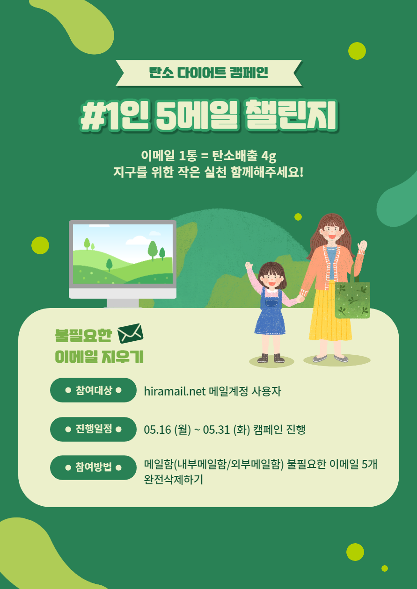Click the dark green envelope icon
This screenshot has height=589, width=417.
click(130, 333)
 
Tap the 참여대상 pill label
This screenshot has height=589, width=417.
click(93, 390)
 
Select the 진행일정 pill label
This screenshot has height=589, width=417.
click(93, 429)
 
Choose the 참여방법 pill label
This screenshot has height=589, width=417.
click(93, 467)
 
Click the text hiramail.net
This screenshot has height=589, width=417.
click(175, 391)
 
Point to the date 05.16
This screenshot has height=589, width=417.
click(157, 430)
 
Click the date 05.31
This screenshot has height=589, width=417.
click(216, 430)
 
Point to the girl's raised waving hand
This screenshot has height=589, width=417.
click(249, 266)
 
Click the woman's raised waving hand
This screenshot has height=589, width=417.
click(363, 246)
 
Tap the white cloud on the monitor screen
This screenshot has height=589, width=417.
click(138, 240)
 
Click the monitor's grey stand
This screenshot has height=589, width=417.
click(123, 303)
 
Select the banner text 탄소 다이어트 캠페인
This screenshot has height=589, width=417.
click(209, 72)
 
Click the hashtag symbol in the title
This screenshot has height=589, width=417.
click(93, 116)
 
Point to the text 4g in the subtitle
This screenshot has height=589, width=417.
click(269, 156)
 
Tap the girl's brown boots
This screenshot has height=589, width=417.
click(271, 358)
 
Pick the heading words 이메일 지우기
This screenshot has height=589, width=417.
click(99, 357)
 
